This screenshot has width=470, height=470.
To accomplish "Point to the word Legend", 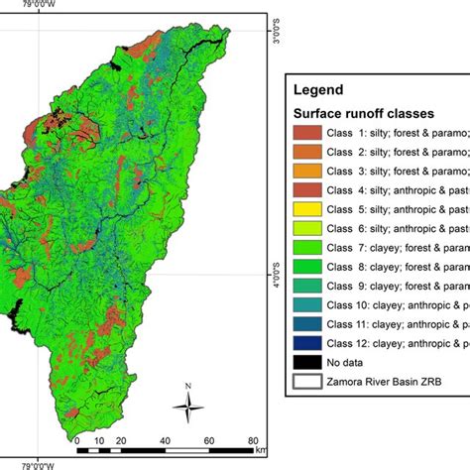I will pos(318,89).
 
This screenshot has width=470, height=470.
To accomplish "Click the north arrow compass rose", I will pos(187,403).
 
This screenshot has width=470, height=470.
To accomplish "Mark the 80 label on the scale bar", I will pos(254,440).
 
